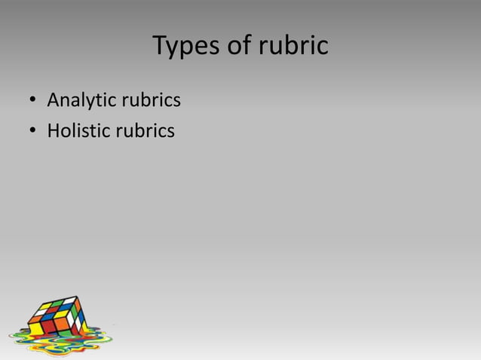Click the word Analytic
[x=77, y=99]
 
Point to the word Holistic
[x=77, y=131]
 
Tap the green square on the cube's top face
[x=57, y=304]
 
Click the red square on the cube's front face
[x=48, y=327]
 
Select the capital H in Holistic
[x=54, y=131]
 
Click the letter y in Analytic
[x=89, y=102]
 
